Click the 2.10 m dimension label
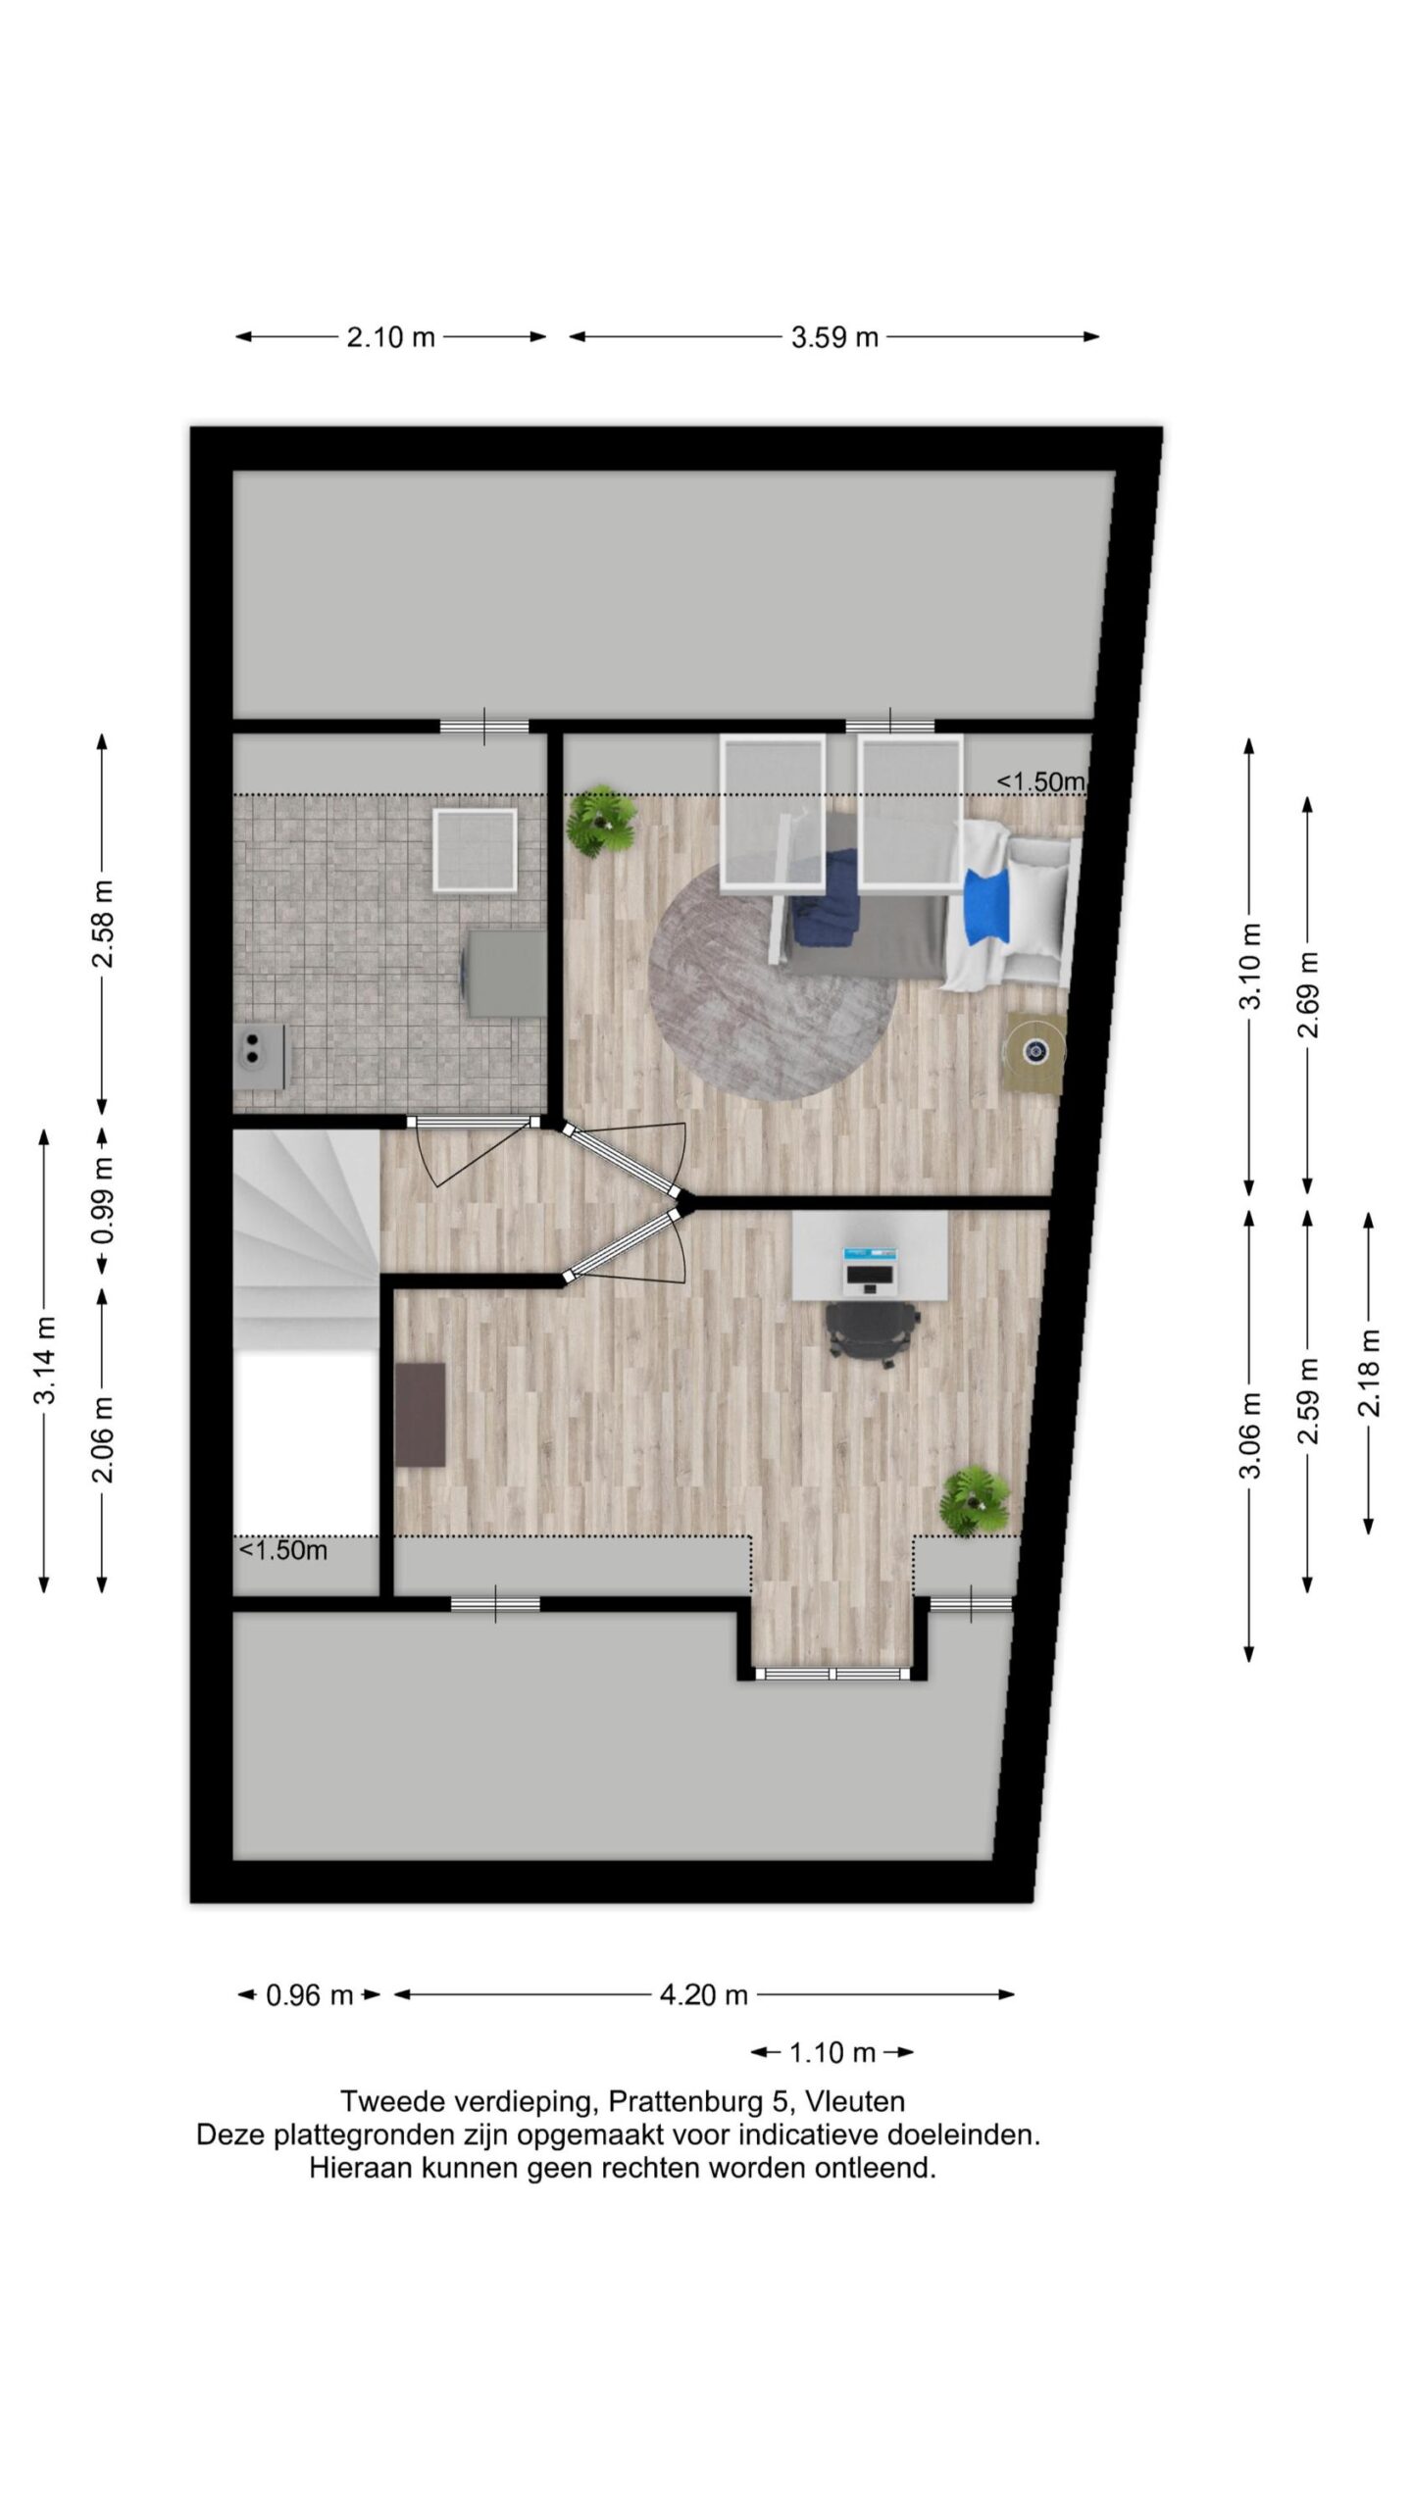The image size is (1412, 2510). pos(390,337)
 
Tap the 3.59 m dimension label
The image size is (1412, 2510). pos(834,337)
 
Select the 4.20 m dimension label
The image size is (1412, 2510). pos(703,1994)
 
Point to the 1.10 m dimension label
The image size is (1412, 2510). pos(832,2052)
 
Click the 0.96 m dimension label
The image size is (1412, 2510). pos(309,1994)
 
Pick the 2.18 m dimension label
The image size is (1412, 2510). pos(1369,1373)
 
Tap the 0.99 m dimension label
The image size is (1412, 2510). pos(102,1200)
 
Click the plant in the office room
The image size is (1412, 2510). pos(975,1500)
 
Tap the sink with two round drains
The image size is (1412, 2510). pos(259,1056)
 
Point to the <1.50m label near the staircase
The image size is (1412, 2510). pos(283,1550)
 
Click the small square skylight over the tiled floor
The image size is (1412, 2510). pos(475,850)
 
